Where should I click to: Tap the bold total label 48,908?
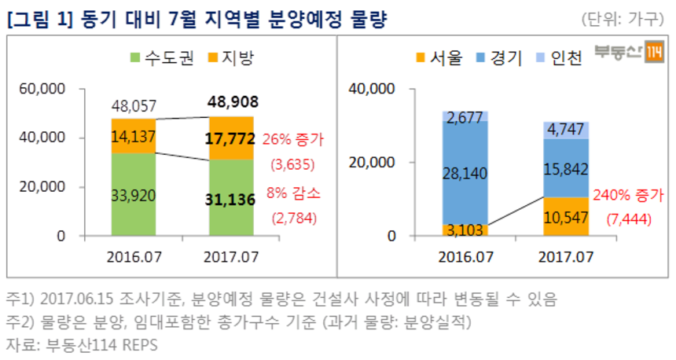[x=233, y=102]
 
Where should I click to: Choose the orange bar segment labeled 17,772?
[x=233, y=138]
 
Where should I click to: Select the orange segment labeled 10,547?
[x=566, y=216]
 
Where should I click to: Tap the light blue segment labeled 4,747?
[x=566, y=130]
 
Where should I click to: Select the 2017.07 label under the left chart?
[x=233, y=257]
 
